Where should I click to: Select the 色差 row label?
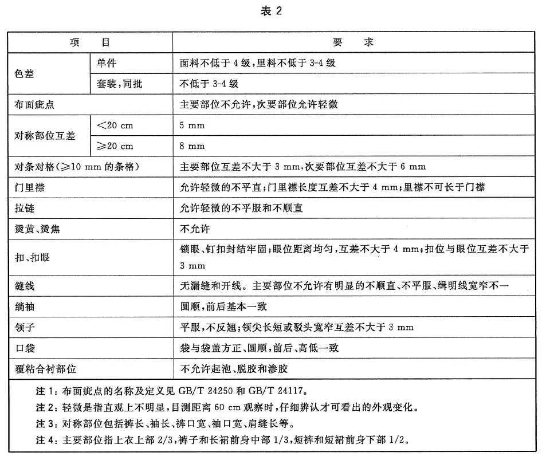(24, 73)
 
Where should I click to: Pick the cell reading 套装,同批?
(120, 84)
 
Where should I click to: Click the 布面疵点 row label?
(34, 105)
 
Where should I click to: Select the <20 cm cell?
(115, 125)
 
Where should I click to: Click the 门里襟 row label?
(29, 187)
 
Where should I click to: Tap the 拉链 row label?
(24, 208)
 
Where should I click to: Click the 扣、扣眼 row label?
(32, 257)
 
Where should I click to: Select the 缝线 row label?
(24, 286)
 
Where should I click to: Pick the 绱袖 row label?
(24, 306)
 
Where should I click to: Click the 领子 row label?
(24, 327)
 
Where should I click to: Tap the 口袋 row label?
(24, 348)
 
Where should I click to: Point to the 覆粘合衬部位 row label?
(45, 368)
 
